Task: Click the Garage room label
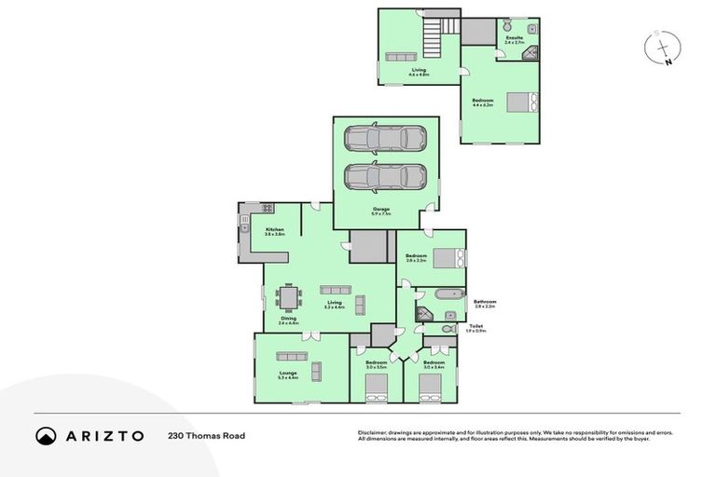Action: point(381,209)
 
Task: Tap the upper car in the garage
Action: point(384,140)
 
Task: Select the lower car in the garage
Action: point(384,175)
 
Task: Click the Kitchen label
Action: point(274,229)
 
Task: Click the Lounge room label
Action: point(287,374)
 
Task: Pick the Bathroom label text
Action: point(485,302)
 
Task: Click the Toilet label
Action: point(476,326)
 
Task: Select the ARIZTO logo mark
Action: point(47,435)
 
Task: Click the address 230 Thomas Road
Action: point(206,435)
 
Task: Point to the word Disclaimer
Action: point(372,432)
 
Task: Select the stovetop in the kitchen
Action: point(266,209)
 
